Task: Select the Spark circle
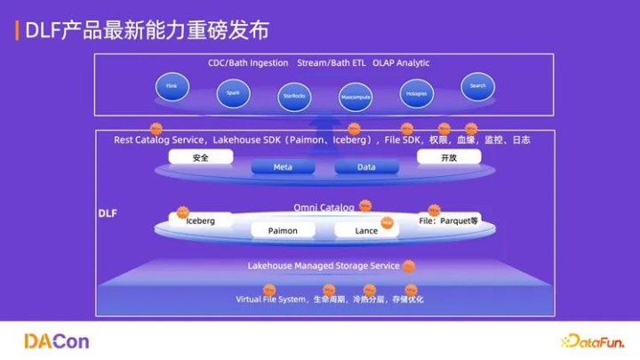tap(233, 92)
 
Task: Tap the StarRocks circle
tap(294, 97)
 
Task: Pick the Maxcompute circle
tap(355, 97)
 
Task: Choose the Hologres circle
tap(417, 92)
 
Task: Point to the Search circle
tap(477, 86)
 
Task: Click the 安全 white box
tap(201, 157)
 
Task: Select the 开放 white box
tap(449, 157)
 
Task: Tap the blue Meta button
tap(283, 167)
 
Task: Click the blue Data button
tap(366, 167)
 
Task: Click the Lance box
tap(366, 230)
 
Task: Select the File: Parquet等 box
tap(449, 220)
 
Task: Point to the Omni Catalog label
tap(324, 207)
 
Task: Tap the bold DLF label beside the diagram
tap(107, 214)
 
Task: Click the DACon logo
tap(56, 341)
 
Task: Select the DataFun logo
tap(592, 341)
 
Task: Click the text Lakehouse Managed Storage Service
tap(324, 266)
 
